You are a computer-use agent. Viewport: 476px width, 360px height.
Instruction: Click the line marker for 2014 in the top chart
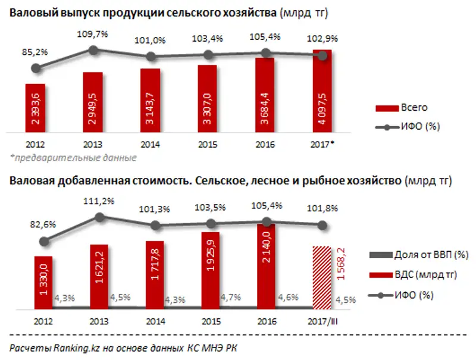coord(151,57)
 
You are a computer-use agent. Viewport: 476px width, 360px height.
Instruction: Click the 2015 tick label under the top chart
coord(208,145)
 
